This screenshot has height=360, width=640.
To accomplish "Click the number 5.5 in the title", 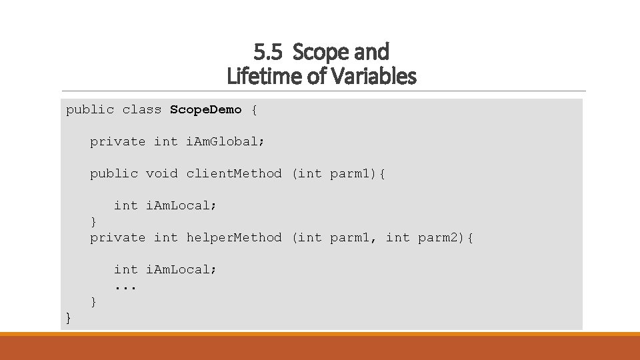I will coord(267,51).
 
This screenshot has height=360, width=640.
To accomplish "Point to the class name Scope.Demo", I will coord(205,109).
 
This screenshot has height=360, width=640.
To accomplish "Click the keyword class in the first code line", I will coord(142,109).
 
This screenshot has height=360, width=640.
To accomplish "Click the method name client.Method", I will coord(234,173).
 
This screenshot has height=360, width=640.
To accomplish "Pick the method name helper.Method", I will coord(234,237).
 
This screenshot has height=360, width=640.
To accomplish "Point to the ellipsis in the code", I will coord(125,287).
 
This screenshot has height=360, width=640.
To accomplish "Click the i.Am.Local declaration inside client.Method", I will coord(181,205).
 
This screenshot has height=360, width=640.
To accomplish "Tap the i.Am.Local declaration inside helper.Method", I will coord(181,269).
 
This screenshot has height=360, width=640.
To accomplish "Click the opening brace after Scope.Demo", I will coord(253,109).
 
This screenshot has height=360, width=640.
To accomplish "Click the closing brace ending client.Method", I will coord(93,221).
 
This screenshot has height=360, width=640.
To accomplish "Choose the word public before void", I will coord(114,173).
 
